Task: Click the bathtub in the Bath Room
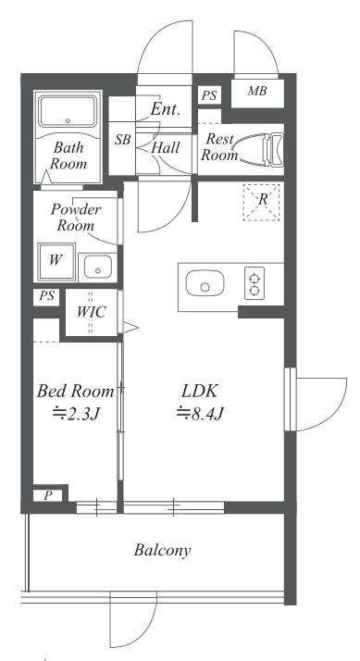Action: [68, 111]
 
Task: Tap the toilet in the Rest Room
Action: [273, 149]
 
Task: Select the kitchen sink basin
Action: [205, 283]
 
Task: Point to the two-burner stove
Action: [254, 283]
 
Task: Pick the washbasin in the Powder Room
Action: [98, 268]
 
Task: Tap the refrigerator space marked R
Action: [261, 202]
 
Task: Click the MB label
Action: [257, 91]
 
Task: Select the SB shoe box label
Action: [123, 140]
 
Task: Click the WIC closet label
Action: [91, 312]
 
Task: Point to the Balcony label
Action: [162, 550]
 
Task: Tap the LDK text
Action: [199, 392]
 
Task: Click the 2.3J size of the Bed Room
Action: [76, 416]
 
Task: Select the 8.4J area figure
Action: [199, 414]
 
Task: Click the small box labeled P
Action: [47, 496]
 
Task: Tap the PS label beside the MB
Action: [208, 95]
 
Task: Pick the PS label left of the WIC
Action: [47, 296]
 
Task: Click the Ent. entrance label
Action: [166, 109]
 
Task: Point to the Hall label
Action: [166, 147]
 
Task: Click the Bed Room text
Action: [75, 392]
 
